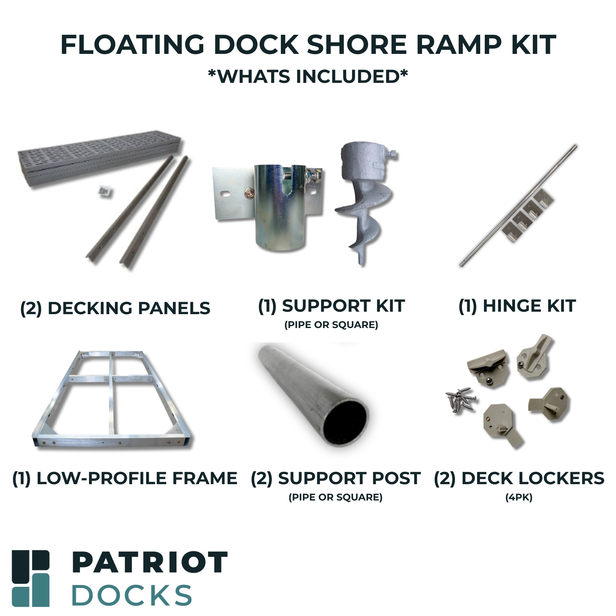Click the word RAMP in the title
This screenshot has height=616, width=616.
459,45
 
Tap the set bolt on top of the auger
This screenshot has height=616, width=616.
392,154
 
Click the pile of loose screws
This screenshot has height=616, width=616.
461,399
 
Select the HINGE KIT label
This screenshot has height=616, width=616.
517,306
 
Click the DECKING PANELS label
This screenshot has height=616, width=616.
115,308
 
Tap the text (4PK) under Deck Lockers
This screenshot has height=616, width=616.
519,497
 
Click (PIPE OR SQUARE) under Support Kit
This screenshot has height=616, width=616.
331,325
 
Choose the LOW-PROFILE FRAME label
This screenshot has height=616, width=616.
125,478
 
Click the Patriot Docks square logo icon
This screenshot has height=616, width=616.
30,578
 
